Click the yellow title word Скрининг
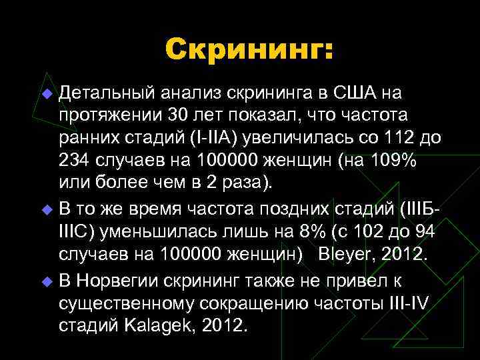pyautogui.click(x=248, y=49)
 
